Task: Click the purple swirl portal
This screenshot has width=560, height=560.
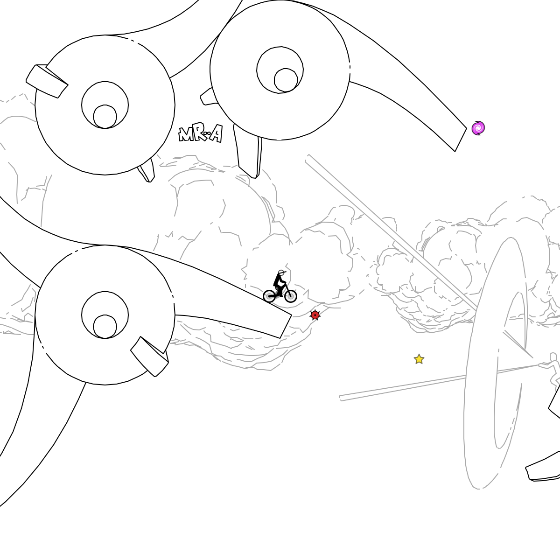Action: [x=478, y=128]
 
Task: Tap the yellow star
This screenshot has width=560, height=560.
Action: [x=419, y=359]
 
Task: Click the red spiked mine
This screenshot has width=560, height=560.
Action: [x=315, y=315]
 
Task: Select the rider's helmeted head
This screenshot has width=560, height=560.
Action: [x=281, y=273]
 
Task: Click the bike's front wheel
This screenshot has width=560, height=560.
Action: [x=290, y=296]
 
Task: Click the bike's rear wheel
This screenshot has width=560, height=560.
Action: [x=269, y=296]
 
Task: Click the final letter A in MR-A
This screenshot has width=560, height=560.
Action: [x=217, y=133]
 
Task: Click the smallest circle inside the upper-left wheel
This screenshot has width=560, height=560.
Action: [x=105, y=117]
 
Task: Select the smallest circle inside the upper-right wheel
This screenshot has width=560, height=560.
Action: [x=286, y=80]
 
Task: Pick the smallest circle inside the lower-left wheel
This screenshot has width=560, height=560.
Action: [x=105, y=326]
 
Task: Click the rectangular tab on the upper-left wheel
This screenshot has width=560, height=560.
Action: [x=47, y=81]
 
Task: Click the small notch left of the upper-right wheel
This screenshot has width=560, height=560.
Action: [x=208, y=97]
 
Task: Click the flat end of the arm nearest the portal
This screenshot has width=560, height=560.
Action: [x=461, y=140]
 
